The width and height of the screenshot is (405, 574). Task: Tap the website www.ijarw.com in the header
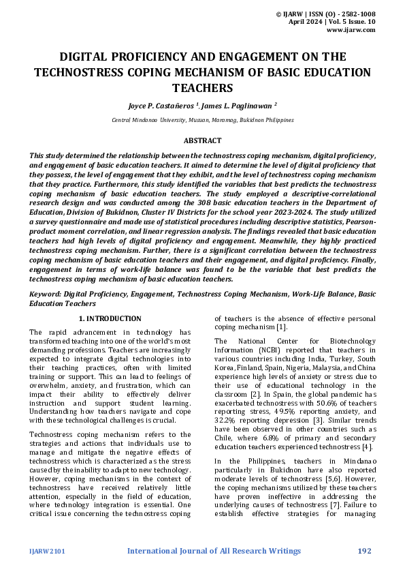pos(352,31)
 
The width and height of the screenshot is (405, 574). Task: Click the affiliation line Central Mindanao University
pos(202,119)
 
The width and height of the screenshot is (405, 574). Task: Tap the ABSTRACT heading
pos(202,140)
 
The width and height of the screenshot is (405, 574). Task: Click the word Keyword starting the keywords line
pos(44,294)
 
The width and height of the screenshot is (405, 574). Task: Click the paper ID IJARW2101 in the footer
pos(47,550)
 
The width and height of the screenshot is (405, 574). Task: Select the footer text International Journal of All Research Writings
pos(214,550)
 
